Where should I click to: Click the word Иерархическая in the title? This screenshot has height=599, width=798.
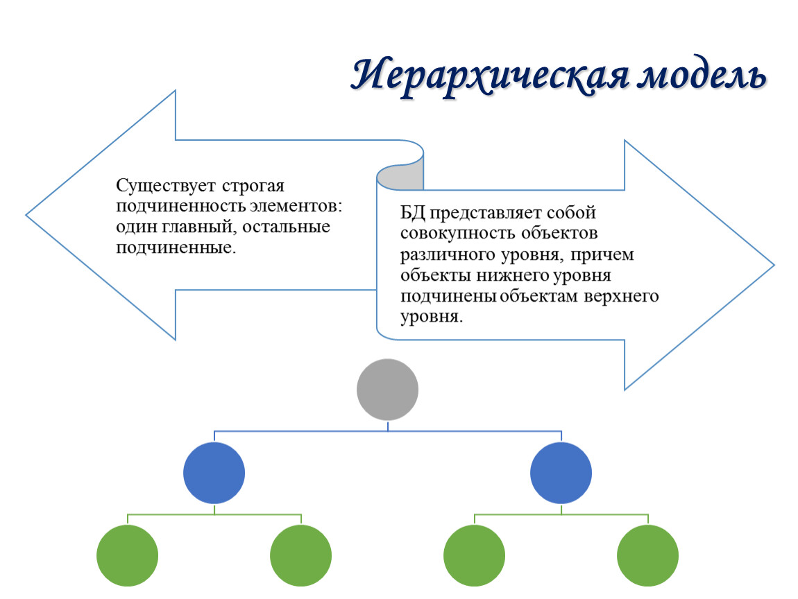(x=491, y=76)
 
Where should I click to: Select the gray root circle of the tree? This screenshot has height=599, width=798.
(x=387, y=390)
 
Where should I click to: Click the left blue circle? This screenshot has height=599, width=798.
(x=214, y=473)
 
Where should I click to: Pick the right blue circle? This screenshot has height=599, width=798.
(x=561, y=473)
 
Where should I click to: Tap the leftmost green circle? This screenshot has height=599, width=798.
(x=127, y=556)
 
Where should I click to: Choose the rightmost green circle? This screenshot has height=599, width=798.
(x=648, y=556)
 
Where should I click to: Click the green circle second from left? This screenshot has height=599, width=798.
(x=300, y=556)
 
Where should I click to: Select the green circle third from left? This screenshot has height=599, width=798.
(x=475, y=556)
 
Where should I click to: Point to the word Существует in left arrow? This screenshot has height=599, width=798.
(x=166, y=186)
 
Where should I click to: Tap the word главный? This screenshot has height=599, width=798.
(x=199, y=227)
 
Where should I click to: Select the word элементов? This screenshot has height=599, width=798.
(x=296, y=207)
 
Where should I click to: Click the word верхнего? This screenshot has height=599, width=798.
(x=622, y=297)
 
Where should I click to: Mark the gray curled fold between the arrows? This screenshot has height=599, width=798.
(x=400, y=177)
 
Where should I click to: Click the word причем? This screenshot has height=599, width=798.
(x=602, y=255)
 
